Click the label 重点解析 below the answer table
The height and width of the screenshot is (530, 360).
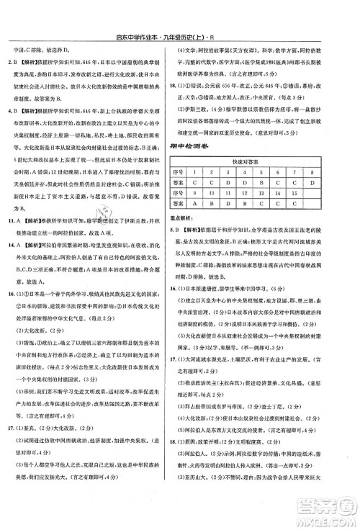click(192, 215)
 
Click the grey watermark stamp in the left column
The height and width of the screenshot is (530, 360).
click(108, 215)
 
